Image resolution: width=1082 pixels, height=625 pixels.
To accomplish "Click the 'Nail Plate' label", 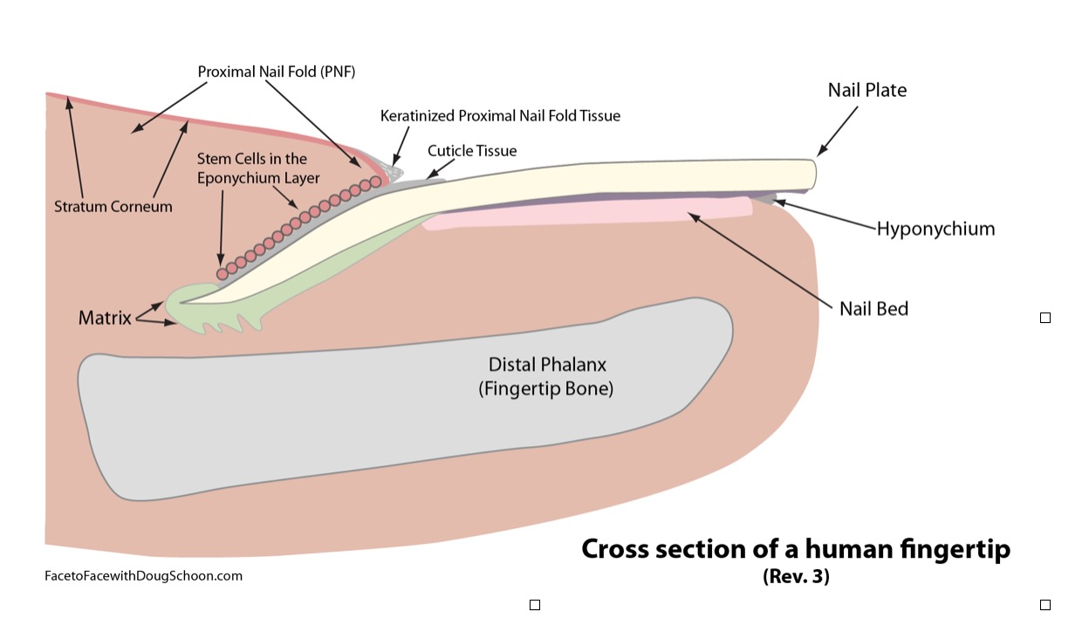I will point(866,90).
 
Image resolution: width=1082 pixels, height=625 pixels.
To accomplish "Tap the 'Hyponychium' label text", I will point(935,230).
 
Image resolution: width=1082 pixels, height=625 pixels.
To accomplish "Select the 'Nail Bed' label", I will point(873,308).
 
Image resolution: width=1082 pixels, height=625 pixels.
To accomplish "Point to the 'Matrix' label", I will point(105,319).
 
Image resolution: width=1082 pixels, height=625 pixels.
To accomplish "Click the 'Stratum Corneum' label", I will point(113,207).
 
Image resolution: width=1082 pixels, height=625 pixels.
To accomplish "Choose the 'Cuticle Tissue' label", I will point(472,151).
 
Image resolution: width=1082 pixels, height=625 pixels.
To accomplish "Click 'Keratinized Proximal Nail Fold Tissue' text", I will point(500,115).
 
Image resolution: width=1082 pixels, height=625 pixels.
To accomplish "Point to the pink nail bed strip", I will point(593,214).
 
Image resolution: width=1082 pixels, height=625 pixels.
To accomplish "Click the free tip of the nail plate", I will point(807,174).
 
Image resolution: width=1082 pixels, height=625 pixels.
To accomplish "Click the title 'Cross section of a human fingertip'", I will point(795,549).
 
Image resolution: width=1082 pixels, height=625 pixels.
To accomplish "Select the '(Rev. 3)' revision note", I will point(795,577).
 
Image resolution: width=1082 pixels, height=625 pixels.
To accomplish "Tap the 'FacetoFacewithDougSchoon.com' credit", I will point(143,576).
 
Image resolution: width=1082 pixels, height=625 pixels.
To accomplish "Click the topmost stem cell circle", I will point(376,182).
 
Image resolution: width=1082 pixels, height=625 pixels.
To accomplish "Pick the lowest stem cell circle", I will point(223,273).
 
